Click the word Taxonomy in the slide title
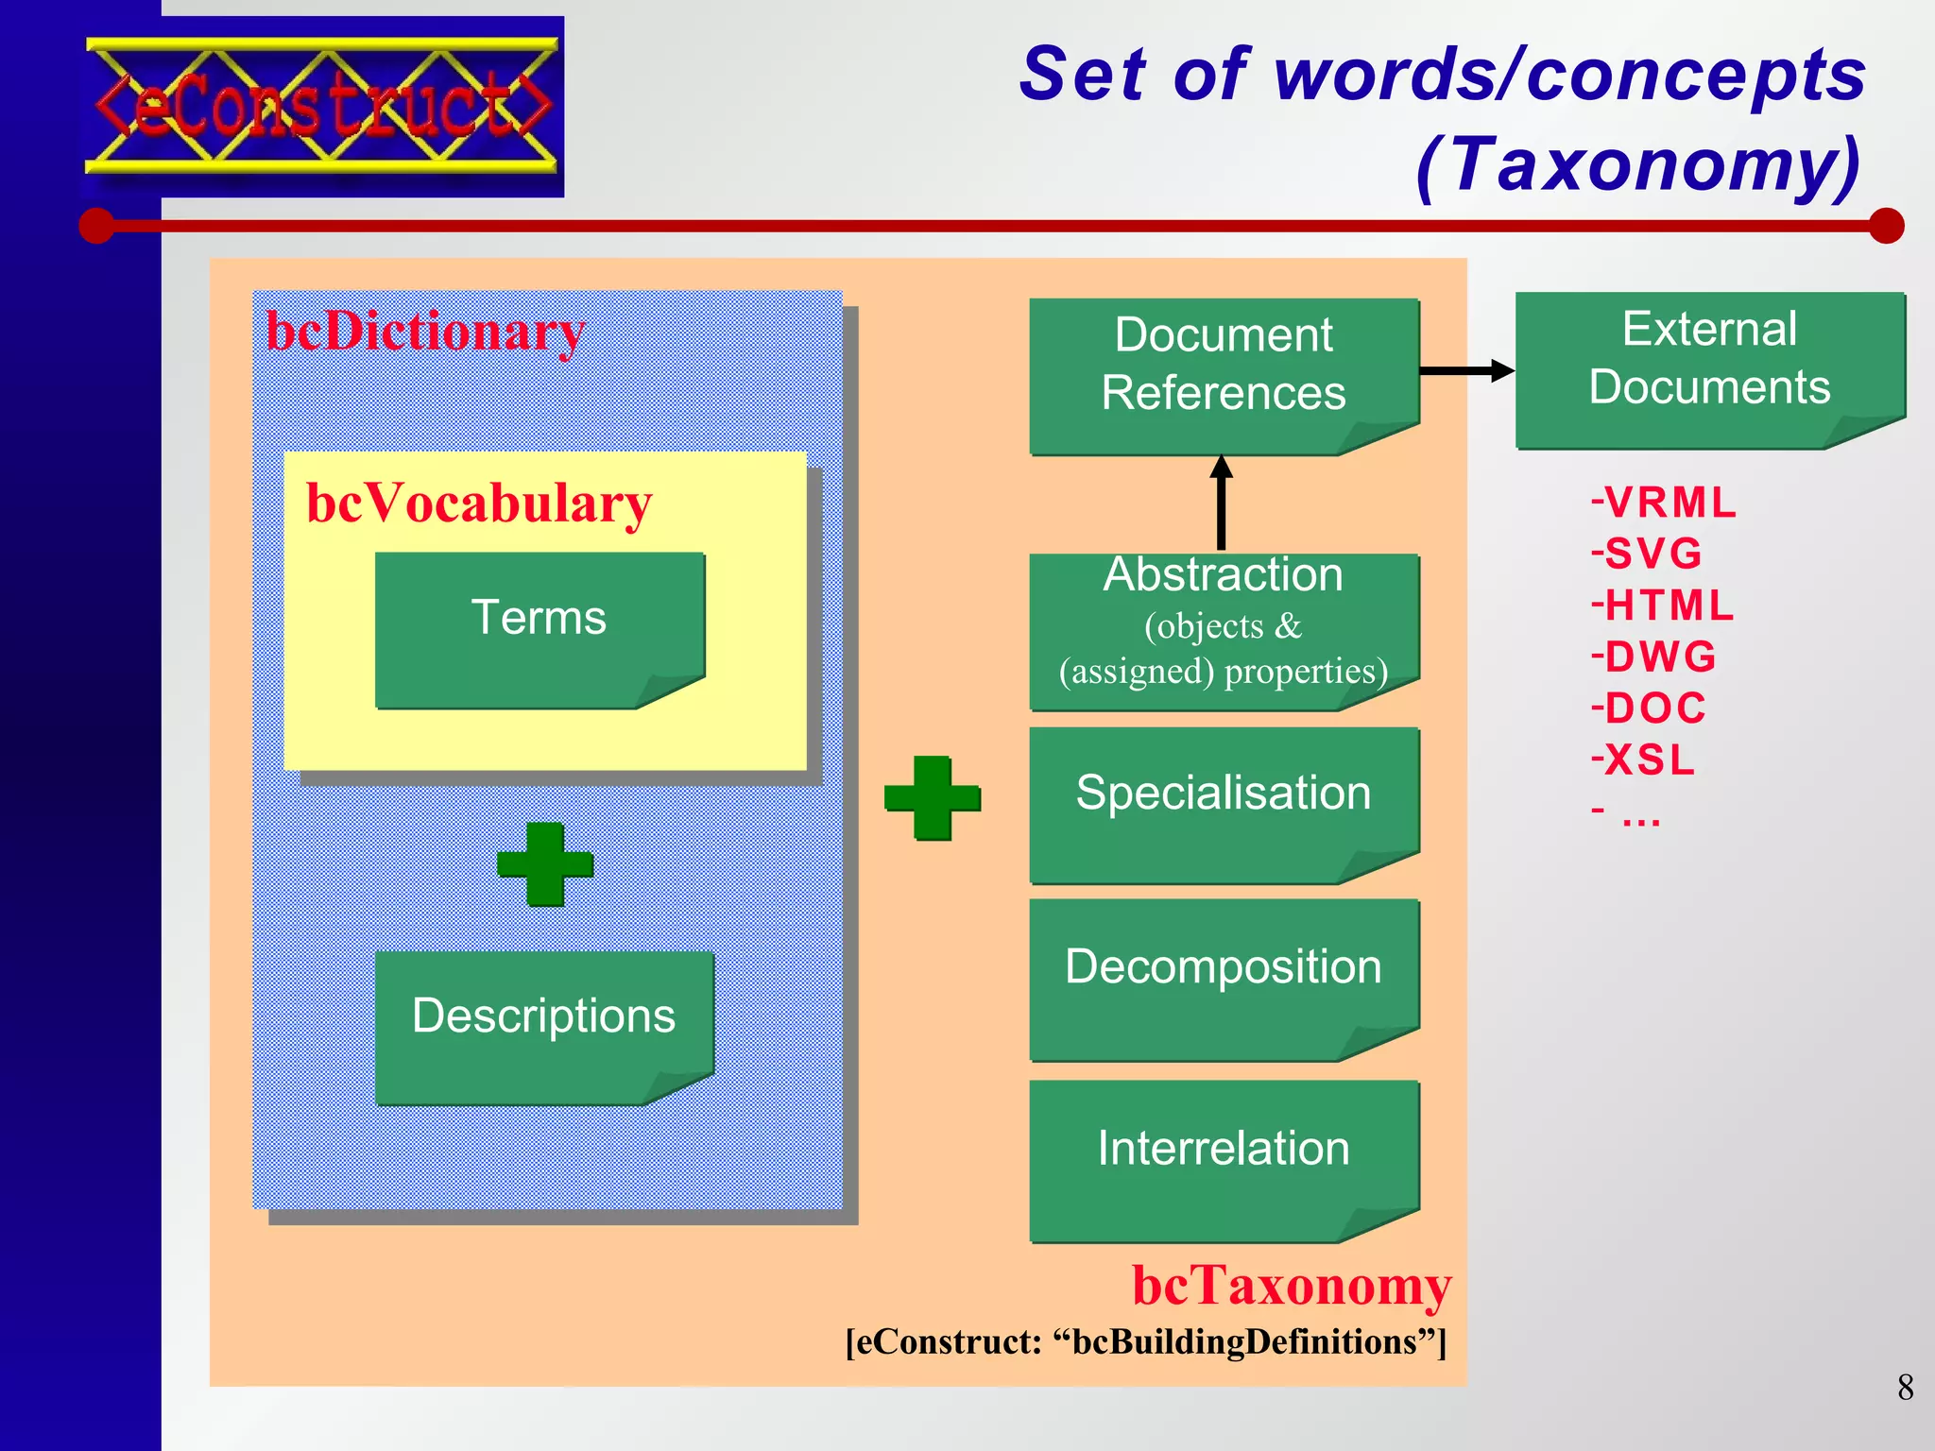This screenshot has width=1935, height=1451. pos(1639,165)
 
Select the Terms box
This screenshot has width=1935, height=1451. pos(539,627)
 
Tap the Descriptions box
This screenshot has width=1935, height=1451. pos(543,1026)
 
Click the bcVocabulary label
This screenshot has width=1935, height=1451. pos(479,503)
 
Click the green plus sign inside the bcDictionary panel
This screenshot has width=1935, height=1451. pos(545,863)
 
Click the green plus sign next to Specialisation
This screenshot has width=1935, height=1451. pos(932,797)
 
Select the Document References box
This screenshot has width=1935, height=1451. pos(1224,374)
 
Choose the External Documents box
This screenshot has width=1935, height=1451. pos(1709,367)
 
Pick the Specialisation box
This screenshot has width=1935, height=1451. pos(1224,803)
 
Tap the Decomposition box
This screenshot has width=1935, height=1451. pos(1224,978)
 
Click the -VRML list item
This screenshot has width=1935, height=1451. pos(1664,503)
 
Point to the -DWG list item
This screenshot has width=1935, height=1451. pos(1653,657)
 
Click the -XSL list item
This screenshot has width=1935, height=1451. pos(1644,760)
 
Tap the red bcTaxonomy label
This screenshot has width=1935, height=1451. pos(1291,1286)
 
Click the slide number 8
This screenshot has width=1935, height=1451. pos(1905,1387)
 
